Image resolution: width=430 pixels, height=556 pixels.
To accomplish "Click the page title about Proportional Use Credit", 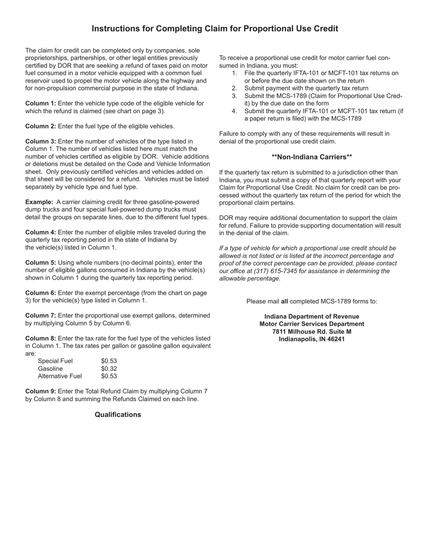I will coord(215,28).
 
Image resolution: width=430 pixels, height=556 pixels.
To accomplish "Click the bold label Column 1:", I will coord(41,104).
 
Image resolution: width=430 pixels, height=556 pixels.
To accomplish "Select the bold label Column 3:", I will coord(41,141).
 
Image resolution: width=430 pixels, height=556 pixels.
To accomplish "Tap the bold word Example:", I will coord(39,202).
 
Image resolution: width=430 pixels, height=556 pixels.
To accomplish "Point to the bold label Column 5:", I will coord(41,263).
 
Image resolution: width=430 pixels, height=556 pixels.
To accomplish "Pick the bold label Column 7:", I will coord(41,316).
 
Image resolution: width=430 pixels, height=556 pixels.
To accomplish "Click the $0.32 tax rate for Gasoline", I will coord(109,368).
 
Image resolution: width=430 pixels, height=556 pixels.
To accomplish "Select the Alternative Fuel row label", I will coord(60,376).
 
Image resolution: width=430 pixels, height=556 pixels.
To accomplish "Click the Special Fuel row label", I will coord(55,361).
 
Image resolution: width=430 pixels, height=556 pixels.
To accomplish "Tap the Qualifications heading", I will coord(118,415).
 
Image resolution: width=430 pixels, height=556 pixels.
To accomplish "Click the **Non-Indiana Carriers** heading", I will coord(312,157).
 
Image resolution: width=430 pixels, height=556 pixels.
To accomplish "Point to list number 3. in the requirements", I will coord(234,96).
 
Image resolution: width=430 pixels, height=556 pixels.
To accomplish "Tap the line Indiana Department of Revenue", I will coord(312,316).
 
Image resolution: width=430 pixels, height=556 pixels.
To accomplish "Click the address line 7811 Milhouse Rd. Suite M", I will coord(312,331).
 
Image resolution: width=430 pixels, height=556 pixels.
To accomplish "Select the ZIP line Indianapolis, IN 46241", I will coord(312,339).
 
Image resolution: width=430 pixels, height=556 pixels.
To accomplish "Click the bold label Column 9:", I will coord(41,391).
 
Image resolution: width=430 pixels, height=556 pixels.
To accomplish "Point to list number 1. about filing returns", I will coord(234,73).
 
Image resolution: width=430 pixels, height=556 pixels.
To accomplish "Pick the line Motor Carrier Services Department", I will coord(312,324).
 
